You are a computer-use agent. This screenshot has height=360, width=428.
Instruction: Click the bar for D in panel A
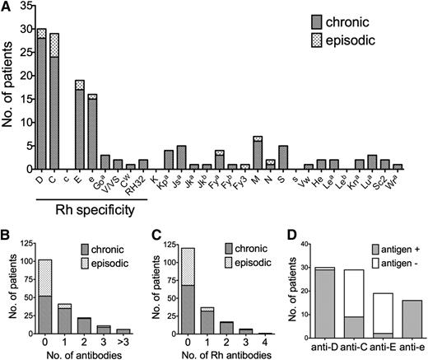[41, 99]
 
